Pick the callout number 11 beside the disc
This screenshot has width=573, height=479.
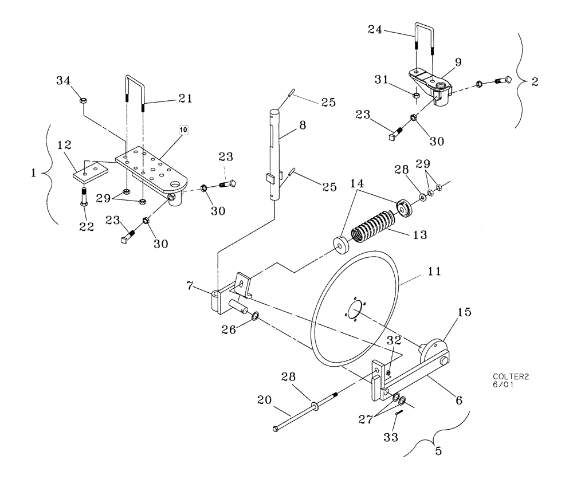tap(434, 271)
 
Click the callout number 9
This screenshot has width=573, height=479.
tap(458, 61)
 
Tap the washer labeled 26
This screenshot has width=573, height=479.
tap(255, 315)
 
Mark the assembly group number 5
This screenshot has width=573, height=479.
tap(438, 450)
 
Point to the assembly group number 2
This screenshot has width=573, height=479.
tap(534, 81)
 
